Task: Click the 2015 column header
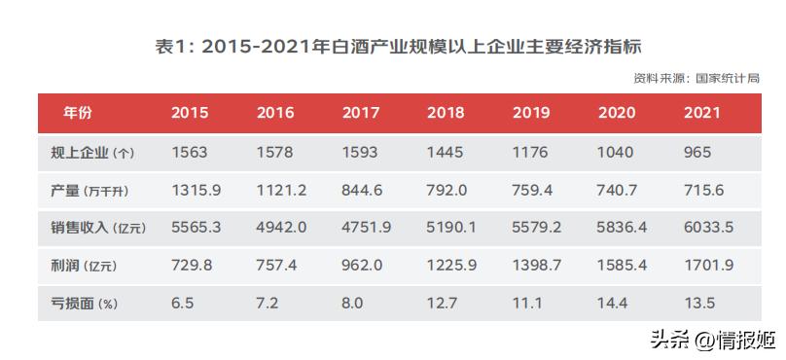click(x=190, y=113)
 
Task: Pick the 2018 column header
click(x=446, y=113)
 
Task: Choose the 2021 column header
click(x=702, y=113)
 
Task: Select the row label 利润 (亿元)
click(x=84, y=265)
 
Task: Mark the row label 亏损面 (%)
click(x=85, y=303)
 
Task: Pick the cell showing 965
click(x=697, y=153)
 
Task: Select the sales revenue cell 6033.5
click(x=709, y=228)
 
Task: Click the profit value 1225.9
click(x=452, y=265)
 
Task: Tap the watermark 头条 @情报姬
click(x=713, y=340)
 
